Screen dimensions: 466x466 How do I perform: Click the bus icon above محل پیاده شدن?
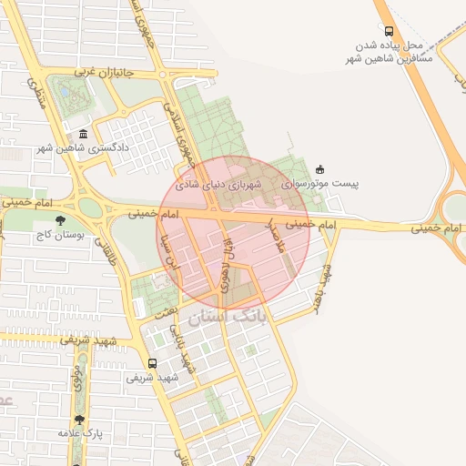coord(390,30)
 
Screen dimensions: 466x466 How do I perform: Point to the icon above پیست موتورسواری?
coord(319,169)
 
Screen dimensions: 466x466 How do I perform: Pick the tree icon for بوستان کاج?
coord(61,220)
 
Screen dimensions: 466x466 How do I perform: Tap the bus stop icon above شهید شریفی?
coord(152,361)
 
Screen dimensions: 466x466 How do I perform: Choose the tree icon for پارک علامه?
coord(79,420)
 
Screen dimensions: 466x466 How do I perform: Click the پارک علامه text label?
coord(77,433)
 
